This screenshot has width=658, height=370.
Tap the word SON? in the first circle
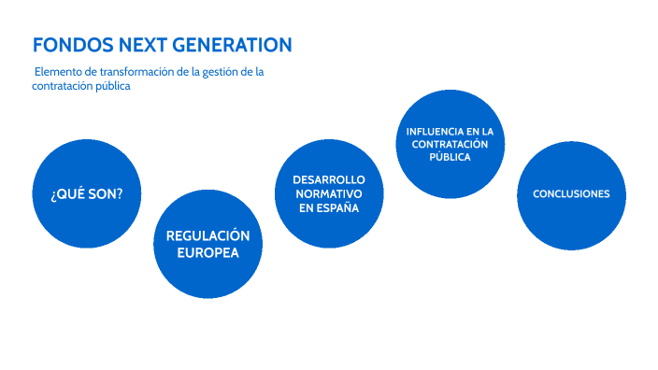tap(107, 193)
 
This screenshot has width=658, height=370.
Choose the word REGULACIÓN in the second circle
tap(207, 235)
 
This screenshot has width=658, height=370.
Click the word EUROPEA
tap(207, 252)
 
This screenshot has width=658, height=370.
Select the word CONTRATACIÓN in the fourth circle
tap(450, 145)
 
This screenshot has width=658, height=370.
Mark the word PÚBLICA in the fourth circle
tap(450, 158)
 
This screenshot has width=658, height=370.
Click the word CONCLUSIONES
tap(570, 194)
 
